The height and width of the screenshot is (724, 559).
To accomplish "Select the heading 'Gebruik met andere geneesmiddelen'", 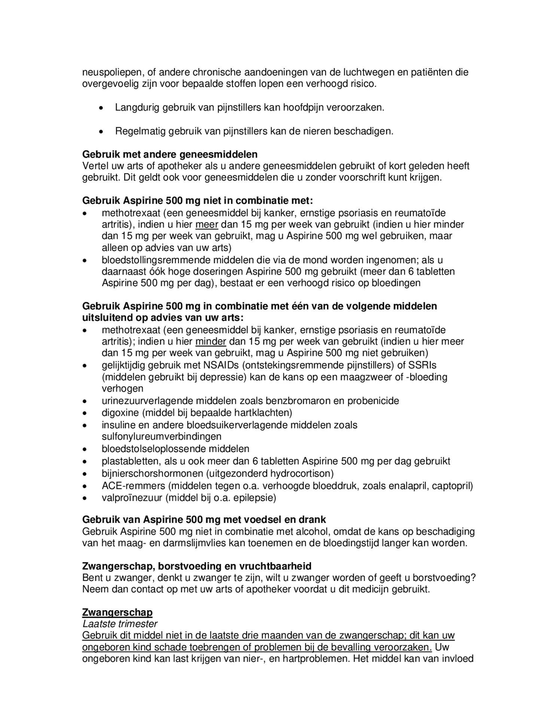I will [x=169, y=154].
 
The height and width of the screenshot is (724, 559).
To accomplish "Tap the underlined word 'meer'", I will [x=207, y=225].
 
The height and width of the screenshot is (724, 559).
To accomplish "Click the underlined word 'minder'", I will [x=211, y=342].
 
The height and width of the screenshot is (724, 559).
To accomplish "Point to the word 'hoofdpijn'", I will [x=303, y=108].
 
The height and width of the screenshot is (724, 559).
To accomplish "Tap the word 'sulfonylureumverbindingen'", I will [x=162, y=436].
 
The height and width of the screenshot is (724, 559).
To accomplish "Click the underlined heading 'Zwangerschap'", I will [x=117, y=612].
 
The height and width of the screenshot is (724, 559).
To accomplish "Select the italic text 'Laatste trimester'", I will [x=120, y=624].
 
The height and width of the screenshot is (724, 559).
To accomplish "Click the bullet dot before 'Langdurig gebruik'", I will [x=101, y=108].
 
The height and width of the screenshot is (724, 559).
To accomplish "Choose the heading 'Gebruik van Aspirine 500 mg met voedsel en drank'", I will [x=204, y=519].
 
